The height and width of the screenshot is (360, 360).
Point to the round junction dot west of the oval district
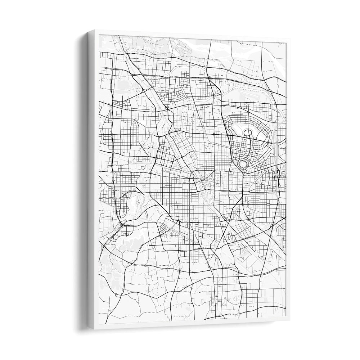point(214,134)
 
